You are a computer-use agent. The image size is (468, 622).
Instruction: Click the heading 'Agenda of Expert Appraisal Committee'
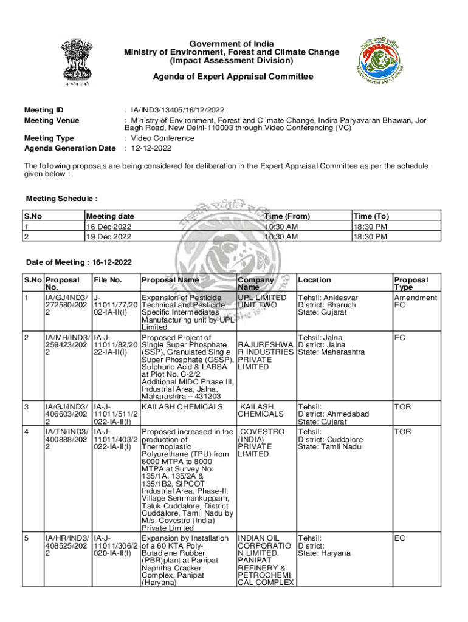point(233,77)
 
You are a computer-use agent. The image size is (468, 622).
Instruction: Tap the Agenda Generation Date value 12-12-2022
point(150,148)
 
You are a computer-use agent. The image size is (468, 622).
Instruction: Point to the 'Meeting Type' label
point(49,138)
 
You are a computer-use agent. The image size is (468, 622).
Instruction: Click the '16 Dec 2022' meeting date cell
point(109,227)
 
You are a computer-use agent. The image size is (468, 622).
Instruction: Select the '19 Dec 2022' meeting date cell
point(109,236)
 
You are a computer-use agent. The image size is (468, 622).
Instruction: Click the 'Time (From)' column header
point(287,216)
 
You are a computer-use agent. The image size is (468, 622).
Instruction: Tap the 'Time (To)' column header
point(371,216)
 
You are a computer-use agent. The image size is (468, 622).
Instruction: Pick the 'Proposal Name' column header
point(170,280)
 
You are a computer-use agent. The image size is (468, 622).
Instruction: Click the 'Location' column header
point(314,280)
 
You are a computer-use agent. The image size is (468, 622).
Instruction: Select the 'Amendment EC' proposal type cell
point(415,301)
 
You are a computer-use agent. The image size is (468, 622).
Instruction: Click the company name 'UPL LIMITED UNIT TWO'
point(262,301)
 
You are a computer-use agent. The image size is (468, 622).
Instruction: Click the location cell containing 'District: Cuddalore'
point(331,439)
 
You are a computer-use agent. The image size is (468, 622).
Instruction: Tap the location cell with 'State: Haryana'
point(325,553)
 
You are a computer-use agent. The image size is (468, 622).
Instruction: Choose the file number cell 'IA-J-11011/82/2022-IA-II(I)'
point(115,345)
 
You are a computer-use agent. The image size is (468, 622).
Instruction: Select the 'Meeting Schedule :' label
point(61,199)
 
